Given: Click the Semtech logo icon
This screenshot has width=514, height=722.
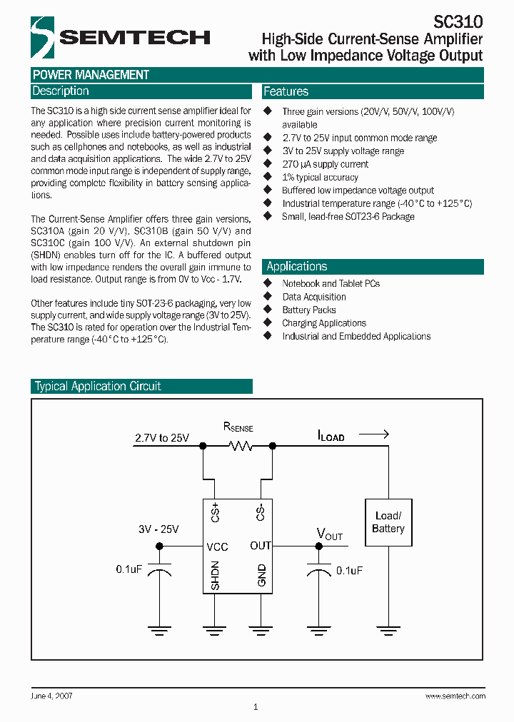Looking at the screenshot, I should pos(44,37).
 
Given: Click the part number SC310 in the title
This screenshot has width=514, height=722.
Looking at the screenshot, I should pos(459,22).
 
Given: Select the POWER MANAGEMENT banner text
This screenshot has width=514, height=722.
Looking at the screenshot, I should pos(91,75).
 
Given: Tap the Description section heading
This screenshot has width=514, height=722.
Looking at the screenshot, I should pos(61,91).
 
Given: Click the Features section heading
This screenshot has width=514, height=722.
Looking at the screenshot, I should pos(286,91).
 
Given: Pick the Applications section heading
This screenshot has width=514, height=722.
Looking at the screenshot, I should pos(296,266).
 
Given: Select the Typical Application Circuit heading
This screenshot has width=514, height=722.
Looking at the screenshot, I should pos(98,386).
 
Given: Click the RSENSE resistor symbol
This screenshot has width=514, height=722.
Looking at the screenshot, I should pos(238,446).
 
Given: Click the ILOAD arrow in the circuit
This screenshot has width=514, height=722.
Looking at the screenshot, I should pos(373,434).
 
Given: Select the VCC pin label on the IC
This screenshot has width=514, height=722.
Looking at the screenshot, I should pos(217,546).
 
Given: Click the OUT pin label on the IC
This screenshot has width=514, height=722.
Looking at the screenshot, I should pos(260,546).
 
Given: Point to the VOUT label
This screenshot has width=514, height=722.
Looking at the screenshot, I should pos(330,534).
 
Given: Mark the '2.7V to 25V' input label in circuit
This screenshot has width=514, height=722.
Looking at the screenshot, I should pos(162,438).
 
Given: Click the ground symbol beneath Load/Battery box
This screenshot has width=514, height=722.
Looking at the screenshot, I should pos(388,629).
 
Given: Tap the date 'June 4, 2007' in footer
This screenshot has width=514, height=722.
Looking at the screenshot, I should pos(51,696).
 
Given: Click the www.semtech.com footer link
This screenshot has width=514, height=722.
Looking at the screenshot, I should pos(455,696).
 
